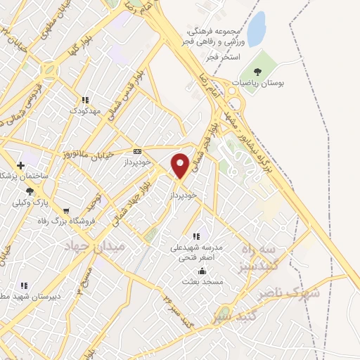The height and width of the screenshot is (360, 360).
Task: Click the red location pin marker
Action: (180, 165)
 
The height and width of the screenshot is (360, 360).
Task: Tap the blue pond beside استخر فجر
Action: (257, 29)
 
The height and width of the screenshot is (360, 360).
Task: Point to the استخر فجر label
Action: (226, 55)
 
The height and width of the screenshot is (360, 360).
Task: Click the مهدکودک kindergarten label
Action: (86, 111)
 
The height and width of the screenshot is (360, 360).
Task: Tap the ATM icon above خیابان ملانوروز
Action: (136, 150)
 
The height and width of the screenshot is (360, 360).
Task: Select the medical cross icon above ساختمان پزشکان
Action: (20, 165)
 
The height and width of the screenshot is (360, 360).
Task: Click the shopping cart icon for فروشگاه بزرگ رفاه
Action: (66, 210)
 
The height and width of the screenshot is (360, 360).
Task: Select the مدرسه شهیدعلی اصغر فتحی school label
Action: (197, 252)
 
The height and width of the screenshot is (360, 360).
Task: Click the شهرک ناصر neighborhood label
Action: (296, 292)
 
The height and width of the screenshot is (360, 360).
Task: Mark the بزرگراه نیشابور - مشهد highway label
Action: (254, 134)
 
